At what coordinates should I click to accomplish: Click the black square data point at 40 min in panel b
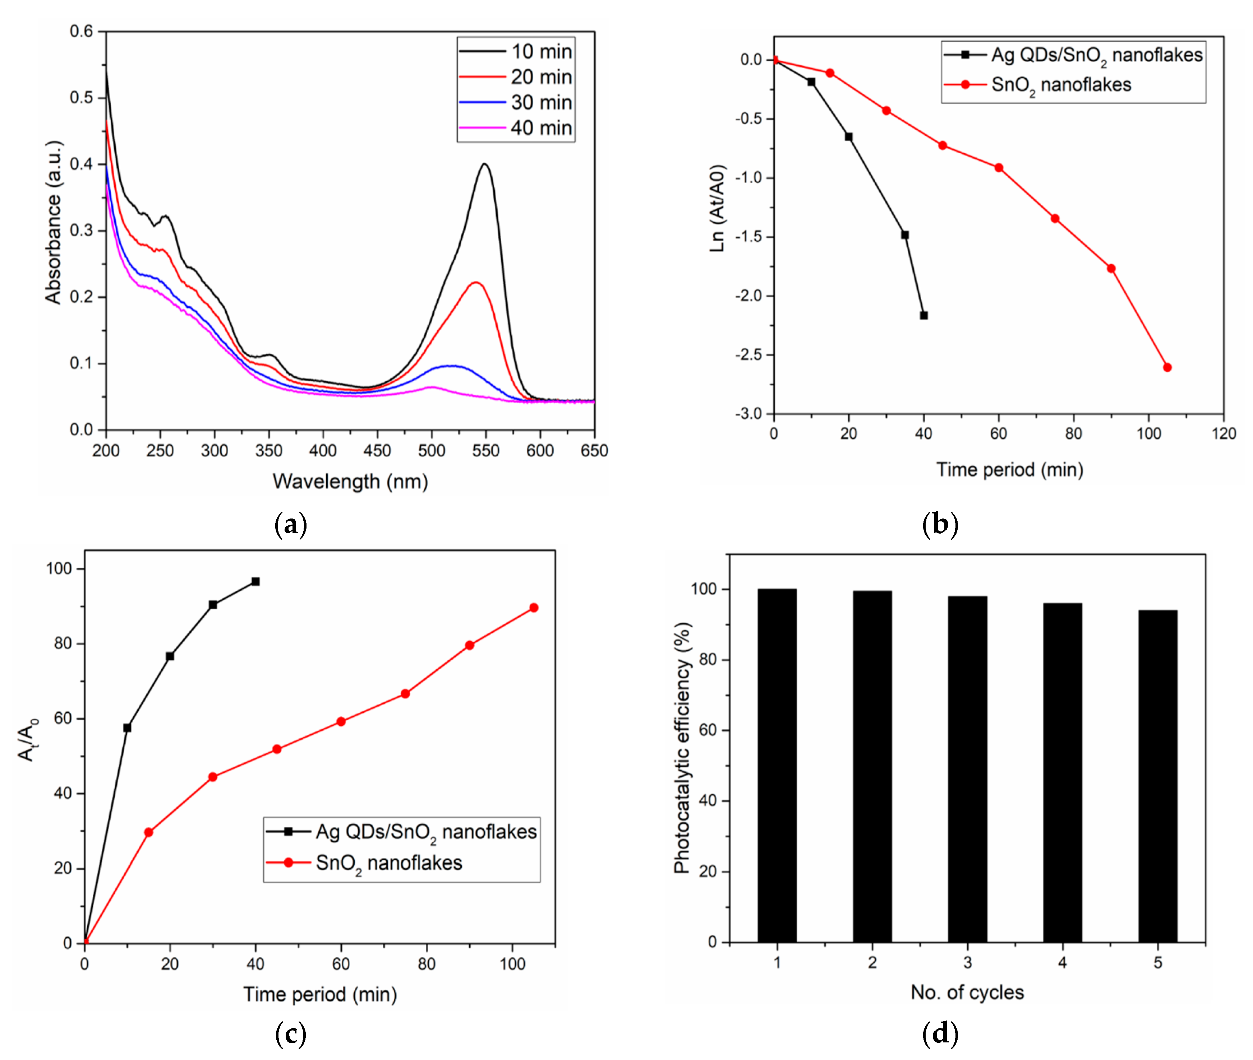(x=923, y=316)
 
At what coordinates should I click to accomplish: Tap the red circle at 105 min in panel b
(x=1167, y=367)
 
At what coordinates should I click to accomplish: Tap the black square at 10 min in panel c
(x=127, y=728)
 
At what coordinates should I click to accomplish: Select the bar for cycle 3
(x=967, y=769)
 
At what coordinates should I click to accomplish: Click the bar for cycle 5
(x=1157, y=775)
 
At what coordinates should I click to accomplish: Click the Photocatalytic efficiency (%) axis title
(x=682, y=748)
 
